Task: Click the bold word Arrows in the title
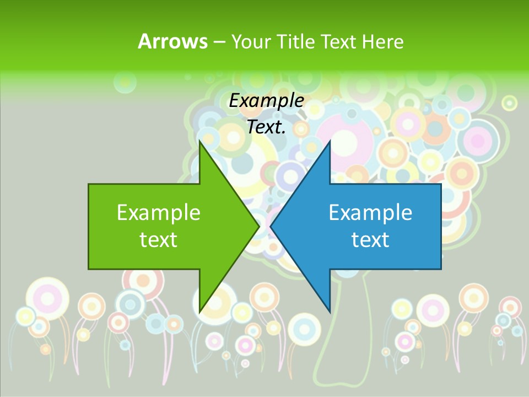(x=172, y=41)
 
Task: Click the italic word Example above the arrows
(x=266, y=100)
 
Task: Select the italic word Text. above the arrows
(x=266, y=127)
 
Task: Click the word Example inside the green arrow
(x=159, y=212)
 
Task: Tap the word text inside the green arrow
(x=159, y=239)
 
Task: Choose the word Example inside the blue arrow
(x=370, y=212)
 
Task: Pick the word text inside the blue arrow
(x=370, y=239)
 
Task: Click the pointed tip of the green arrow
(x=259, y=226)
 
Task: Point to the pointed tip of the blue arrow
(x=271, y=226)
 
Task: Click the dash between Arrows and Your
(x=218, y=42)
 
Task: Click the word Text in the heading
(x=338, y=41)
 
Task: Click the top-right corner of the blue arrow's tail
(x=441, y=184)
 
